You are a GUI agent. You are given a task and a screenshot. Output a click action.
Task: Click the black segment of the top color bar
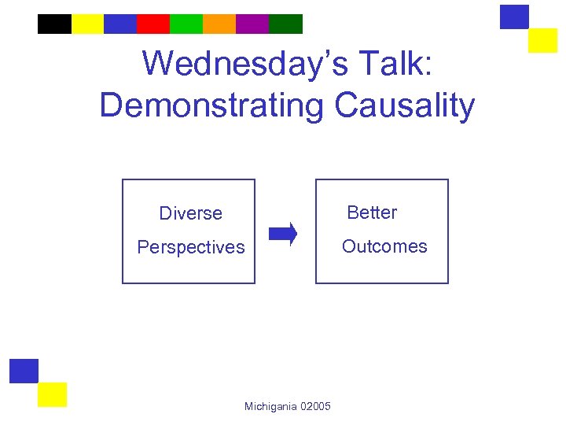click(x=54, y=24)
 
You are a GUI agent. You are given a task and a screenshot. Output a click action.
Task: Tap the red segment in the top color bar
click(x=153, y=24)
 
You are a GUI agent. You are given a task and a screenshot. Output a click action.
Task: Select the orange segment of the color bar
click(x=219, y=24)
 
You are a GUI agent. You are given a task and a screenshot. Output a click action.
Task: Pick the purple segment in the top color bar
click(x=252, y=24)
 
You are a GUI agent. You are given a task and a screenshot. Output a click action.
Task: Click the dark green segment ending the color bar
click(x=285, y=24)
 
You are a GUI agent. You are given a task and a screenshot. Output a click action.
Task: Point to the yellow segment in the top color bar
click(x=87, y=24)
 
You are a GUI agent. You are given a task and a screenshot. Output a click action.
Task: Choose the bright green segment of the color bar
click(x=186, y=24)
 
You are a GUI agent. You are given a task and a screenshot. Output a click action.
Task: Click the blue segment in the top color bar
click(x=120, y=24)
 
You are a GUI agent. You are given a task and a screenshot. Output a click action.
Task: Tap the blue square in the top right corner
click(x=514, y=17)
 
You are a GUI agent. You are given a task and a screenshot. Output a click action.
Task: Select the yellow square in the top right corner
click(x=542, y=40)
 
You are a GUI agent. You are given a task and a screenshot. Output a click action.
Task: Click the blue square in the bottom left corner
click(x=24, y=371)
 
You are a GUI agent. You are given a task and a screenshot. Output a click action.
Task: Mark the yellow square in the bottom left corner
click(x=52, y=394)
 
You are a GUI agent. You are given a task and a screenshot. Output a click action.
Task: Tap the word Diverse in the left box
click(x=190, y=213)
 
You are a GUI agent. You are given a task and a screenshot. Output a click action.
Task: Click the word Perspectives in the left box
click(x=191, y=247)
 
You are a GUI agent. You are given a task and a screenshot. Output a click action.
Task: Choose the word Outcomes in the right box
click(x=384, y=246)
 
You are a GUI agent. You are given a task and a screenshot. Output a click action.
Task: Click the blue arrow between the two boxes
click(x=283, y=234)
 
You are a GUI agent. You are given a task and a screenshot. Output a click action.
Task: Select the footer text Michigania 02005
click(x=287, y=406)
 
